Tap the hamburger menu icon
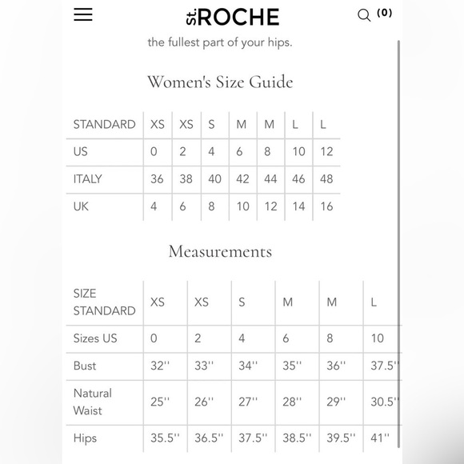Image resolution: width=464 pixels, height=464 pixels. (83, 15)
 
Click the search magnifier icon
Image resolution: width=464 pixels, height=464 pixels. (364, 15)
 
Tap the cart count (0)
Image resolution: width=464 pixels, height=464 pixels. (385, 13)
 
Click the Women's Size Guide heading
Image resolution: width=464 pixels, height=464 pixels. (220, 82)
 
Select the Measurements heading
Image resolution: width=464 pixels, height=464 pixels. (220, 251)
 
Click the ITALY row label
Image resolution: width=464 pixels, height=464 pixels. (87, 179)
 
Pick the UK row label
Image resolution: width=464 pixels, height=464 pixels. (81, 206)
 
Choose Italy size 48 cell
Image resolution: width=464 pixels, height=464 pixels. (326, 179)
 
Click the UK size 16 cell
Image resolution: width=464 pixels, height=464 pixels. (326, 206)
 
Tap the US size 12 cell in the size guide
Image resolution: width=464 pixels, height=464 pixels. (326, 152)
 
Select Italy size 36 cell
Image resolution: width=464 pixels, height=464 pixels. (157, 179)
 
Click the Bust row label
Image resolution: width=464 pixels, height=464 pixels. (85, 366)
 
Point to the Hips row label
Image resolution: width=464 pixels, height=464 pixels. (86, 438)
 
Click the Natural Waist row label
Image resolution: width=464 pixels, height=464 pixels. (93, 402)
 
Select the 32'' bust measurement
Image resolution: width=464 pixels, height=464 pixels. (160, 366)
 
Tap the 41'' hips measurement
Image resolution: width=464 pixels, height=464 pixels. (379, 438)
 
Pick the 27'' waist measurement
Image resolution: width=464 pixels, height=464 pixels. (248, 402)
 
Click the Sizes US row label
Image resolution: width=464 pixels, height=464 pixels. (95, 338)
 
